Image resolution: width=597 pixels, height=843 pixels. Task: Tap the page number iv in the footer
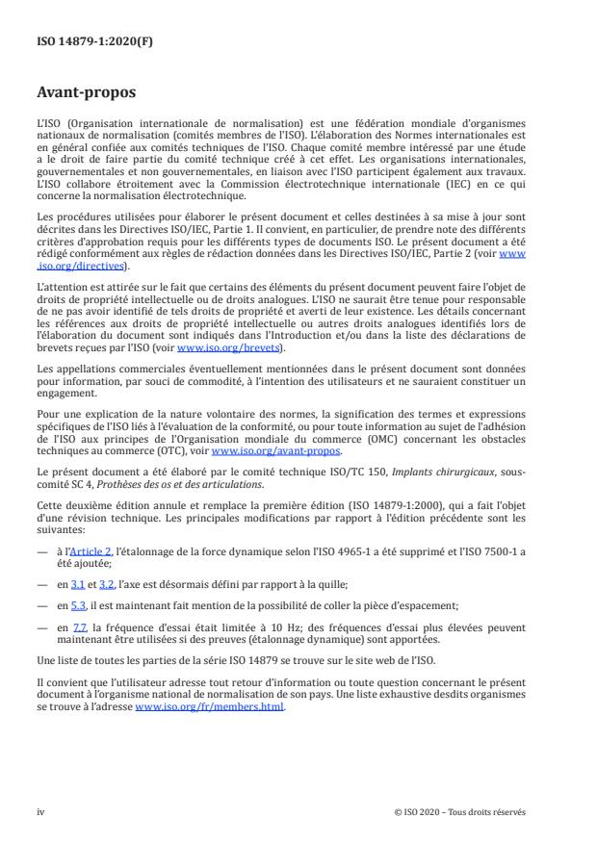(40, 811)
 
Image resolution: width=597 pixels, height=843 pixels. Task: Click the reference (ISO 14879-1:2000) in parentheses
(427, 505)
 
